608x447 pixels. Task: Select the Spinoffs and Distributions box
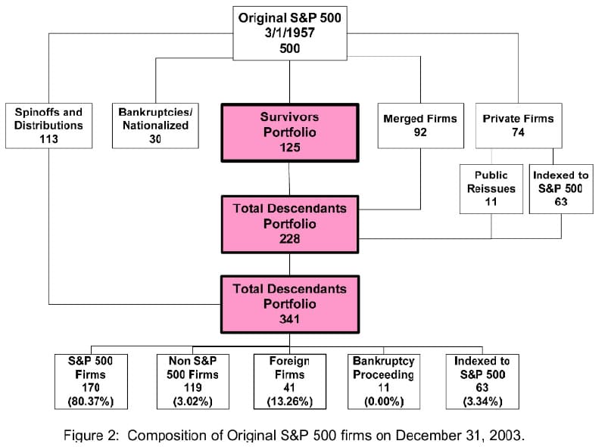click(x=48, y=125)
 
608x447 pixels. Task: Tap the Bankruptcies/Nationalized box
click(x=155, y=125)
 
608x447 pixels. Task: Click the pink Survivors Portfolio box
click(x=290, y=132)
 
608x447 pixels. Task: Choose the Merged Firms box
click(x=420, y=125)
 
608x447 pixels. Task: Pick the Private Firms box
click(x=519, y=125)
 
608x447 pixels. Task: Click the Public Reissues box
click(x=491, y=188)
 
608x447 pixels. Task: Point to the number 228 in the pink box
click(x=290, y=238)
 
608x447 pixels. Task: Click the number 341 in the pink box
click(x=290, y=318)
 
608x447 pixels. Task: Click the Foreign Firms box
click(x=290, y=381)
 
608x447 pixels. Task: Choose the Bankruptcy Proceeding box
click(x=383, y=381)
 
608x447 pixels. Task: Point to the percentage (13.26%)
click(x=290, y=401)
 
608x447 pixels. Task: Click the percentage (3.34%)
click(x=482, y=401)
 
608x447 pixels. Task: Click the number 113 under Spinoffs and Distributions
click(x=48, y=138)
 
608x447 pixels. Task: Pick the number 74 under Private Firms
click(x=519, y=132)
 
